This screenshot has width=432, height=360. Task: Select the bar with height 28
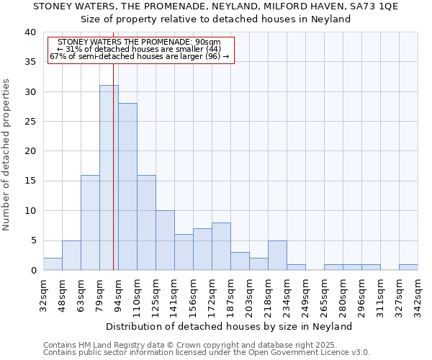[x=127, y=186]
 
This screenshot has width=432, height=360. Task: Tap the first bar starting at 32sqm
[x=53, y=264]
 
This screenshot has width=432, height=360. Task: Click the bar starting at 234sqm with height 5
[x=277, y=256]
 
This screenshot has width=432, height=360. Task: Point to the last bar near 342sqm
[x=408, y=267]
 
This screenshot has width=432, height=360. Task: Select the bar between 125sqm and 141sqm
[x=165, y=240]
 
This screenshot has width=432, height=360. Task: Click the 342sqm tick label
[x=418, y=294]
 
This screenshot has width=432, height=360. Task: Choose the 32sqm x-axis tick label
[x=43, y=294]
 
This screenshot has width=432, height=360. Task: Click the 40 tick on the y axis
[x=30, y=32]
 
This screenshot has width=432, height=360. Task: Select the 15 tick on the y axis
[x=30, y=181]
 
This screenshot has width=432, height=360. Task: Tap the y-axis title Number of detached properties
[x=7, y=151]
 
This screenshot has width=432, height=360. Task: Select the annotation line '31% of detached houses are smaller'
[x=141, y=49]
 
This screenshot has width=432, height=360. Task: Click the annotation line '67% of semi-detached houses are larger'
[x=141, y=56]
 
